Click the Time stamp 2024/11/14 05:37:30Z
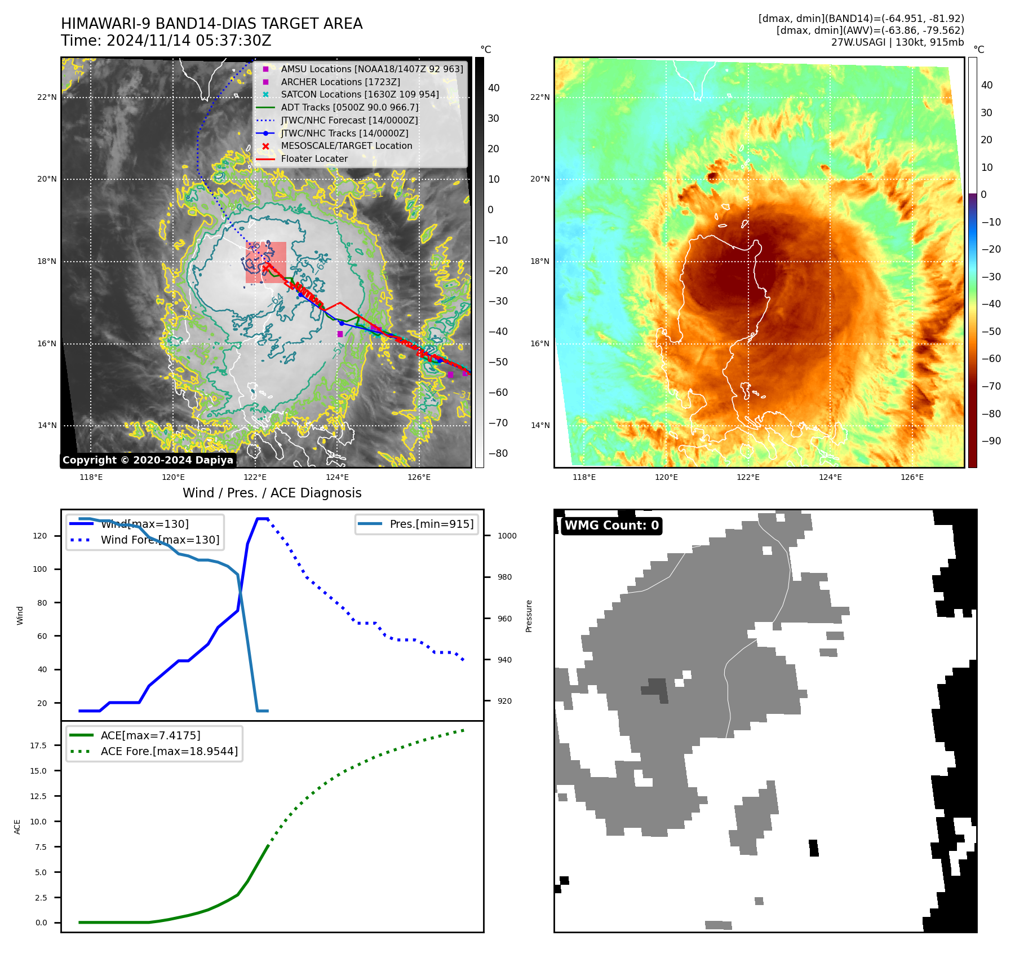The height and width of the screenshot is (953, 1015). [x=166, y=41]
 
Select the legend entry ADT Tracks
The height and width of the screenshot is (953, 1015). [x=349, y=107]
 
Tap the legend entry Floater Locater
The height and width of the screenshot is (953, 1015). [x=314, y=159]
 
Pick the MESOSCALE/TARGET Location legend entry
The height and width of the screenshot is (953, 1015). [x=346, y=146]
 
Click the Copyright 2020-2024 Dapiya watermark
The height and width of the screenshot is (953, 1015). [x=148, y=460]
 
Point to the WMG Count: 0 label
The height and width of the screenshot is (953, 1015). [x=611, y=526]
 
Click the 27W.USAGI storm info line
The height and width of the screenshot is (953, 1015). [x=897, y=42]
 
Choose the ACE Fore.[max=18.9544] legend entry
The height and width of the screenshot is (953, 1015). [x=169, y=752]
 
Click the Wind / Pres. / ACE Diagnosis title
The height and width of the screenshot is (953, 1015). [x=272, y=493]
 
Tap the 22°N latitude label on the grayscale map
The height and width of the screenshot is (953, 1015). [x=47, y=98]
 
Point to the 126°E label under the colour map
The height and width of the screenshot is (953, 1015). [x=912, y=478]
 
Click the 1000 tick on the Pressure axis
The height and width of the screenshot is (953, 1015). [x=507, y=536]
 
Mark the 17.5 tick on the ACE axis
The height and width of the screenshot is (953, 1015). [x=38, y=745]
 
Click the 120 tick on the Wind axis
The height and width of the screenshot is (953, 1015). [x=40, y=536]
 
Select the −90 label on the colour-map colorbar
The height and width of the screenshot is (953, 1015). [x=991, y=441]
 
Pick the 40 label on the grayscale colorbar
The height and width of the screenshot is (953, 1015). [x=494, y=88]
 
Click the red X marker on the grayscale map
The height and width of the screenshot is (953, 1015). [x=265, y=269]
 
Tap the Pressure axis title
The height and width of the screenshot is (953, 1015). [x=529, y=616]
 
